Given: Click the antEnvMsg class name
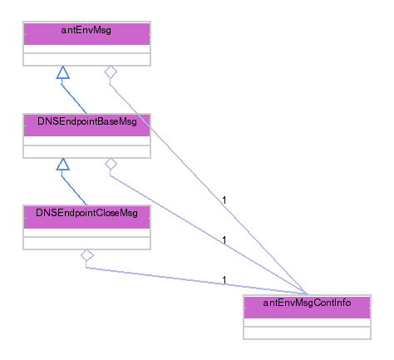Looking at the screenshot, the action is pos(86,30).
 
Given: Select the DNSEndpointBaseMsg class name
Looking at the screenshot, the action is pos(87,121).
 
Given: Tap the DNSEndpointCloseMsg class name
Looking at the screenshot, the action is pos(86,213).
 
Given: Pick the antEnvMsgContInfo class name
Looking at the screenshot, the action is pos(307,303).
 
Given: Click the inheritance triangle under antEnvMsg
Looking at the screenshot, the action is pos(63,72).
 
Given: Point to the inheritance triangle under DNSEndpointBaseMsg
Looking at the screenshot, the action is pos(63,164).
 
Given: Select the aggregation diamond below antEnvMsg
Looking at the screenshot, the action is pos(111,72).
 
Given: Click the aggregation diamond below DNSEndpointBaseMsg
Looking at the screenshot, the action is pos(111,164).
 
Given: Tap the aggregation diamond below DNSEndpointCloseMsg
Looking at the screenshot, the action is pos(87,255).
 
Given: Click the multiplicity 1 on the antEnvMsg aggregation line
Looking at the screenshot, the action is pos(224,200).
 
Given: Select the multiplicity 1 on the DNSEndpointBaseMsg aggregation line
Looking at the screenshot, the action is pos(224,240).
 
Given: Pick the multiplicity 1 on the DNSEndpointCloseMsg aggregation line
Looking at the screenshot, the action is pos(224,280).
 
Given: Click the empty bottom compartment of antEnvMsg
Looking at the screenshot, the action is pos(86,59).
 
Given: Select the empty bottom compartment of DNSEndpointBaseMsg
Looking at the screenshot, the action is pos(86,151).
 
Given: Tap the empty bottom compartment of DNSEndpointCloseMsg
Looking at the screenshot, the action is pos(86,243).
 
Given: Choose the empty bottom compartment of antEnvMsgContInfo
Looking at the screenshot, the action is pos(307,333).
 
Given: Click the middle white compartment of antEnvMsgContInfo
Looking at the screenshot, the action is pos(307,323).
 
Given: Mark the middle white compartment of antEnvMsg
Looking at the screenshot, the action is pos(86,49).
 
